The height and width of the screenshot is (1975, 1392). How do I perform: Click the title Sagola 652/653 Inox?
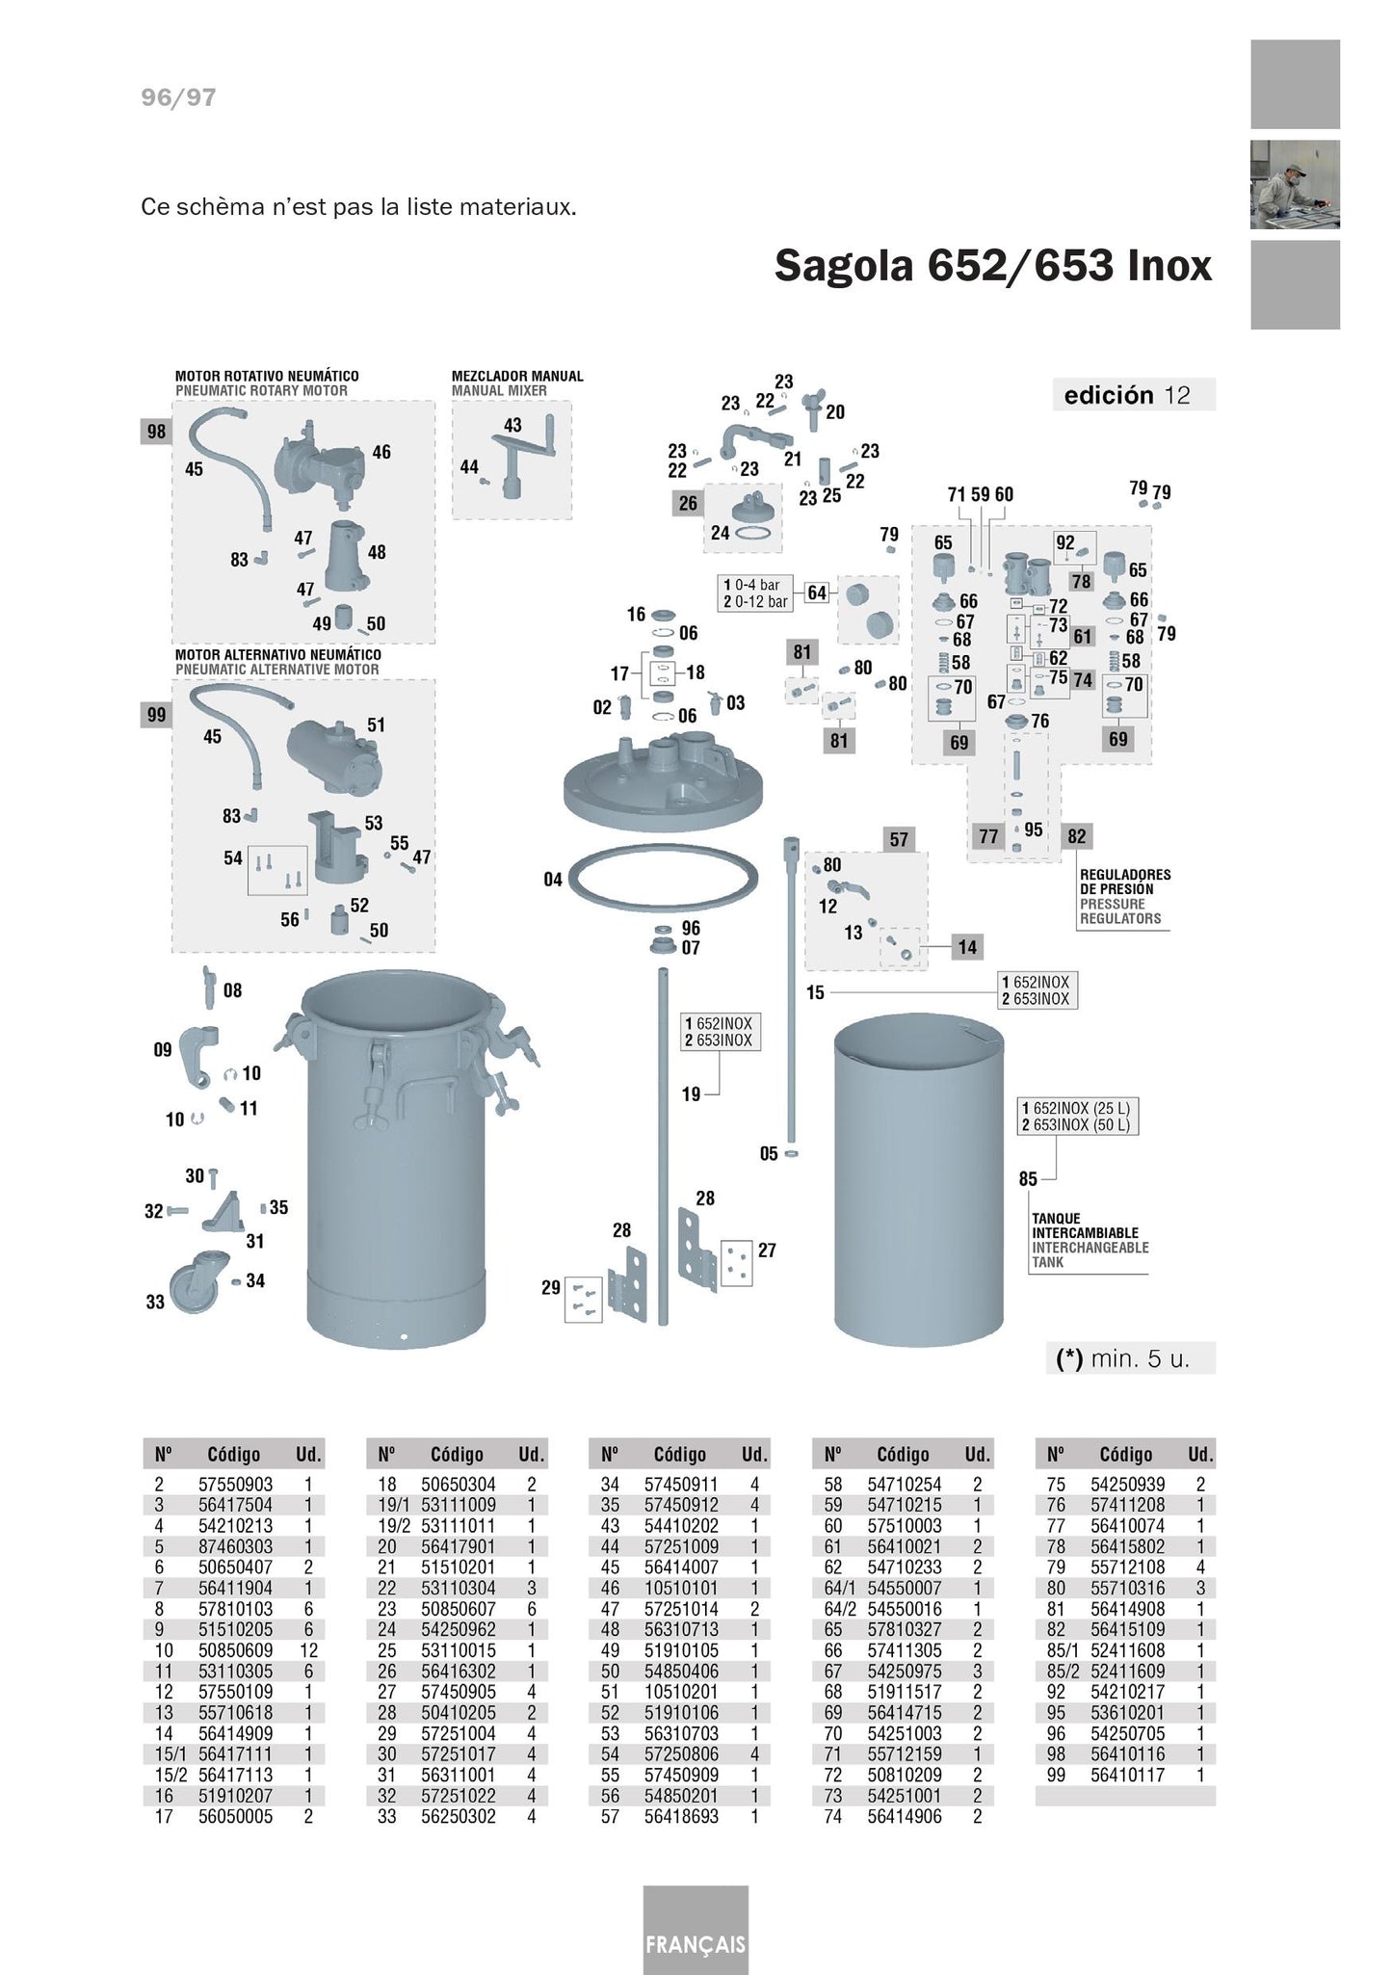click(x=992, y=266)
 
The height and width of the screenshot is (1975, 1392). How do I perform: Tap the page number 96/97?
click(x=178, y=97)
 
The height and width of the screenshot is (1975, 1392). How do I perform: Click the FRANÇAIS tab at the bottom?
click(x=696, y=1943)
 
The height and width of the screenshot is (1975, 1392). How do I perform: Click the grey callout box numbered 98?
click(x=156, y=432)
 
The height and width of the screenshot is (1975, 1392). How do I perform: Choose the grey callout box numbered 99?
click(x=156, y=715)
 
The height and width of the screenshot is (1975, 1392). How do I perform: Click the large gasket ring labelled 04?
click(x=663, y=877)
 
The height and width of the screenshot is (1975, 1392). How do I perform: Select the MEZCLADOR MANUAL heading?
click(x=517, y=376)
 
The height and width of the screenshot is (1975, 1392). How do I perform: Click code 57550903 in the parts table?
click(x=235, y=1485)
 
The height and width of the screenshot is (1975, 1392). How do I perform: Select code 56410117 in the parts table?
click(x=1127, y=1775)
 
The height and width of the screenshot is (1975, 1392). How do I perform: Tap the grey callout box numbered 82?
click(x=1076, y=836)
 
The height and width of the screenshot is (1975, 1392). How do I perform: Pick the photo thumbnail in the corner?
click(x=1295, y=185)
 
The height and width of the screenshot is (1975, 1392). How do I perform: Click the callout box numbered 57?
click(x=899, y=839)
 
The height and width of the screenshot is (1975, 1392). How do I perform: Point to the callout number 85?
click(x=1028, y=1179)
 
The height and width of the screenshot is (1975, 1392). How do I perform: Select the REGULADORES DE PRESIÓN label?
click(x=1125, y=882)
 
